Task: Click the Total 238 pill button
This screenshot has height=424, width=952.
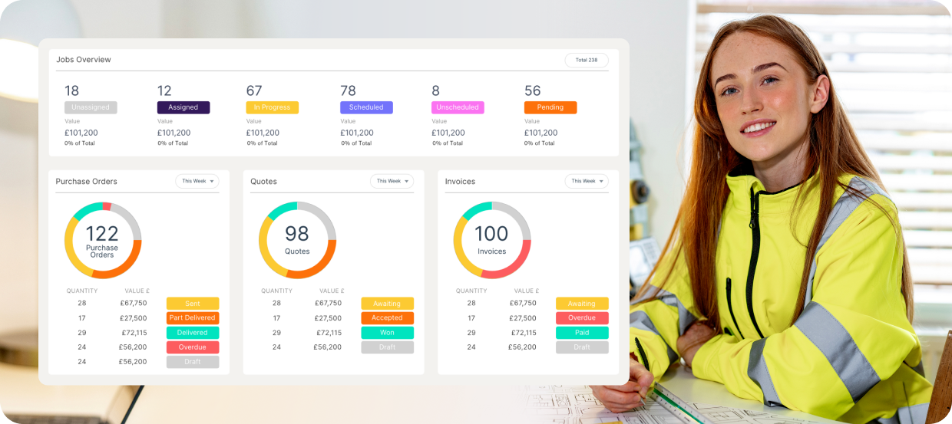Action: click(x=587, y=60)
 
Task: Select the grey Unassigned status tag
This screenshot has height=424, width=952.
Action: click(x=91, y=107)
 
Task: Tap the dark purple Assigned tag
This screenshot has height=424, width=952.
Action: click(x=183, y=107)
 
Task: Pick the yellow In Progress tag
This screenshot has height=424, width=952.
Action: click(x=272, y=107)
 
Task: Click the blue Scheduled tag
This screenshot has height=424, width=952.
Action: click(x=366, y=107)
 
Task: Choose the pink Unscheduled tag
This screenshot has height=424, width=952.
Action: click(x=458, y=107)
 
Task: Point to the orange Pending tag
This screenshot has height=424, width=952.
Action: click(x=550, y=107)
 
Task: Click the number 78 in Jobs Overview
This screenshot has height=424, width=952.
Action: click(x=348, y=90)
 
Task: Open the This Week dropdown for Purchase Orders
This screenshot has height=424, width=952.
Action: click(x=197, y=181)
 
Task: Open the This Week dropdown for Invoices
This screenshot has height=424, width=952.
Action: click(x=587, y=181)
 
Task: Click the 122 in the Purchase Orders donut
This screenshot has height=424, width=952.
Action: click(x=102, y=234)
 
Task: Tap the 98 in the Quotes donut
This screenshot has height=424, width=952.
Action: click(x=296, y=234)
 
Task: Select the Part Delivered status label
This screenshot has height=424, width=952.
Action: click(x=193, y=317)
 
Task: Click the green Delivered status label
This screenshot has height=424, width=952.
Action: click(x=193, y=333)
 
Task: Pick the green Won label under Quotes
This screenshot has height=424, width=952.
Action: click(x=387, y=333)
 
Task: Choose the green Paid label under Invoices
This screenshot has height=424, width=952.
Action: click(x=582, y=333)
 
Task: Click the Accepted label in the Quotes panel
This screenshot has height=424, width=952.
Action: click(x=387, y=317)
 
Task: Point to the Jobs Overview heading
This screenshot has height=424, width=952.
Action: click(x=84, y=60)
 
